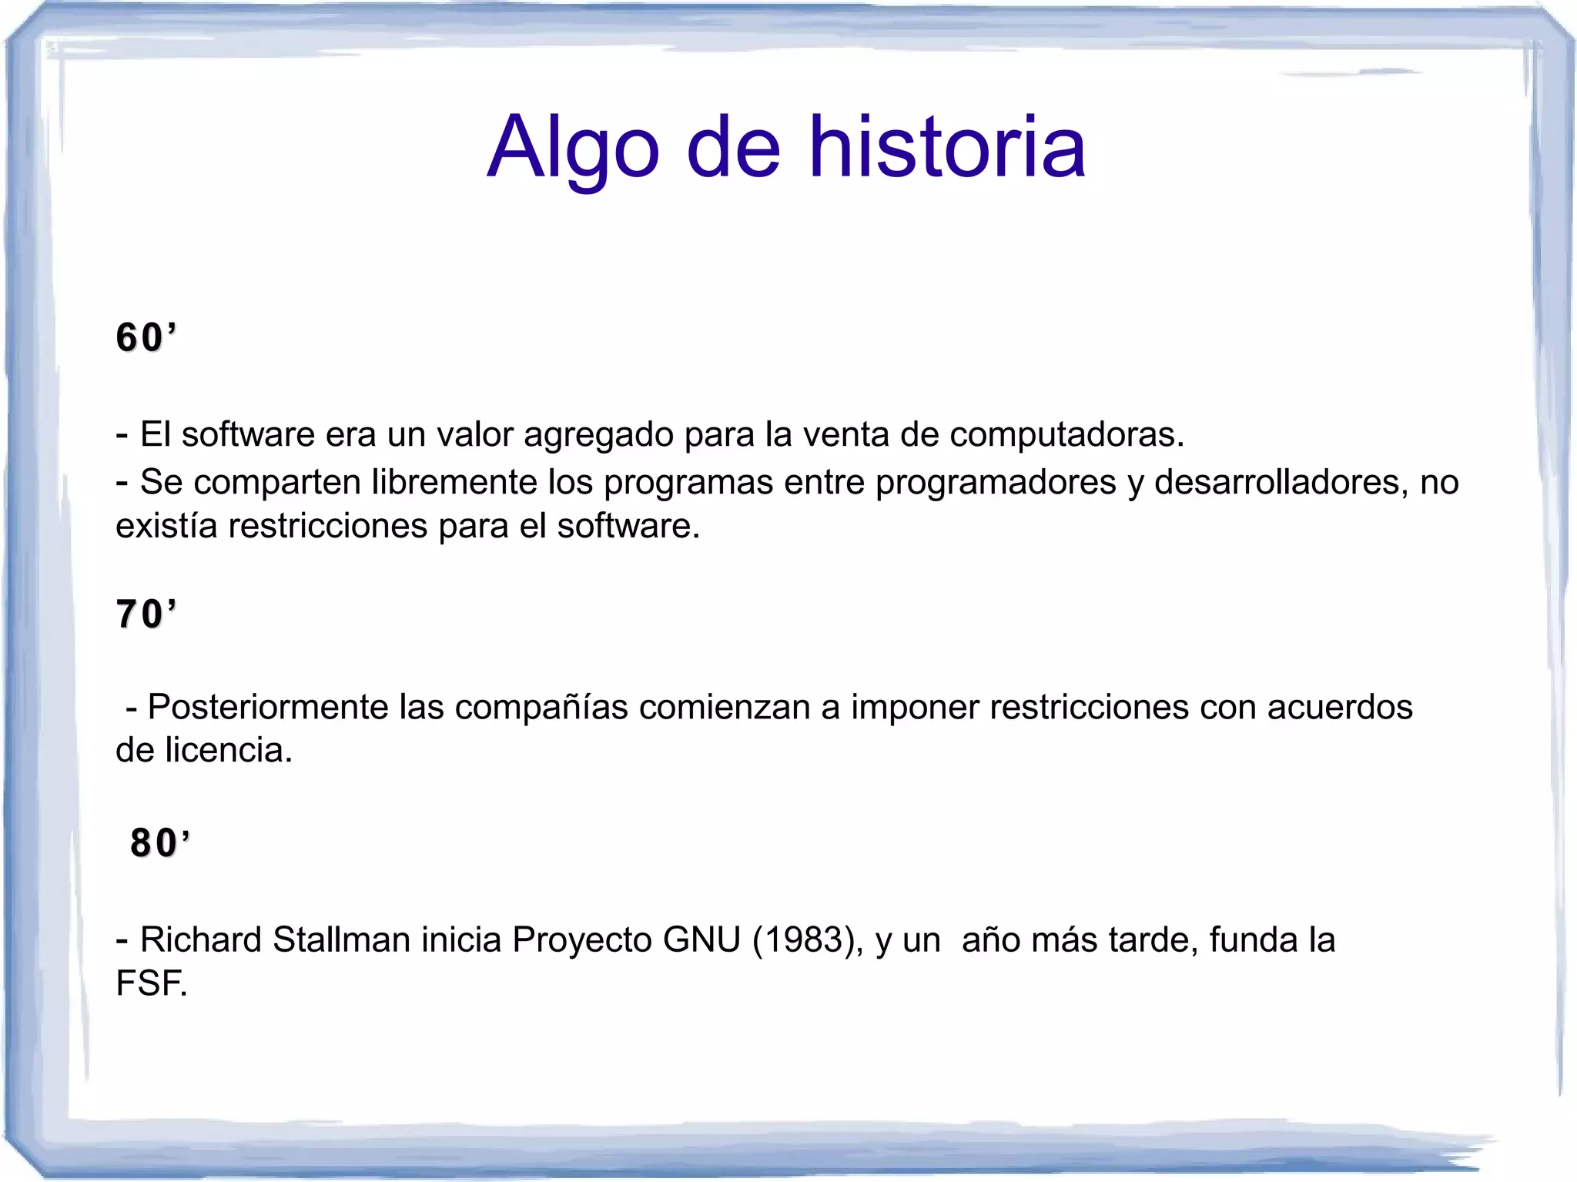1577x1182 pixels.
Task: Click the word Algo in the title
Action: (x=573, y=148)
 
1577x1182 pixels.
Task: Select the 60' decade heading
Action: (x=146, y=337)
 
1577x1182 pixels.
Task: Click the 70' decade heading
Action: (x=146, y=614)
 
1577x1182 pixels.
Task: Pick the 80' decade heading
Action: (x=159, y=842)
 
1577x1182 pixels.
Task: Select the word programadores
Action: (x=996, y=483)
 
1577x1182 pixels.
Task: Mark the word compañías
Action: (x=541, y=708)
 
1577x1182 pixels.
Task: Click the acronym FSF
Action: (x=151, y=983)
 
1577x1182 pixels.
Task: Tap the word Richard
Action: (x=200, y=939)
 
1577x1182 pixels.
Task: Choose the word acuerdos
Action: (x=1340, y=707)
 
